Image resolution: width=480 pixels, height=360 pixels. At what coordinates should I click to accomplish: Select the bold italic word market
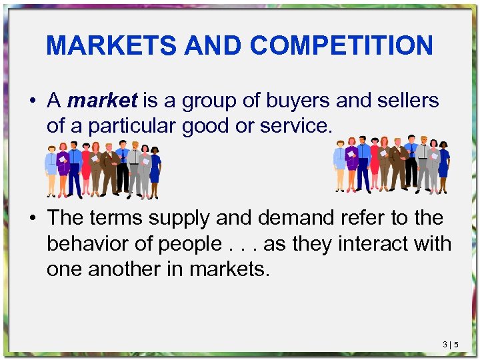[x=102, y=101]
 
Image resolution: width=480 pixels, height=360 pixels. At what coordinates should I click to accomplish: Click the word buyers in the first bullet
[x=297, y=101]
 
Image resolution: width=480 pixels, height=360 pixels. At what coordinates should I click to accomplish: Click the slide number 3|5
[x=450, y=344]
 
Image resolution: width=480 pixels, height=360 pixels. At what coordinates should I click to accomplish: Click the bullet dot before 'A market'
[x=33, y=101]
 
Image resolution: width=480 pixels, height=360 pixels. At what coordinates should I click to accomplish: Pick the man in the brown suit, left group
[x=107, y=170]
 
